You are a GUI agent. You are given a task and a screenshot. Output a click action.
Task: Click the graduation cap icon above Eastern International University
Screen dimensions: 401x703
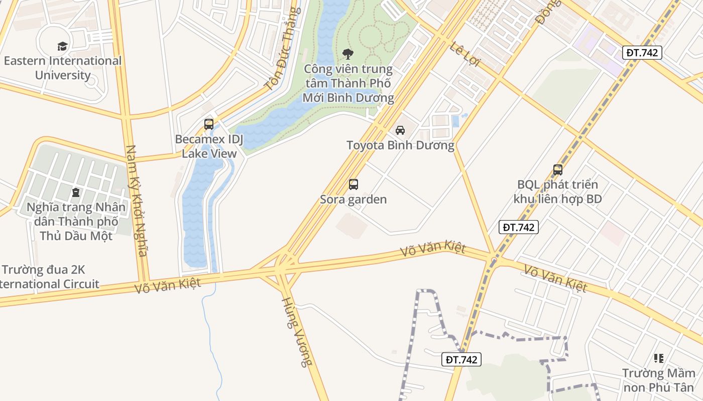tap(62, 46)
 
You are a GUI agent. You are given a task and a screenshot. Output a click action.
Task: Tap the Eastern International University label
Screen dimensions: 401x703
tap(63, 68)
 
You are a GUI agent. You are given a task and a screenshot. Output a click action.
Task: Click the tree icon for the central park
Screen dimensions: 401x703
tap(347, 54)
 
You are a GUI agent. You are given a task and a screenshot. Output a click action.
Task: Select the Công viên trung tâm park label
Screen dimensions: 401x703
tap(348, 83)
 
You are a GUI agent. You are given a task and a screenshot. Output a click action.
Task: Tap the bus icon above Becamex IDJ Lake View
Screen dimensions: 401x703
tap(209, 124)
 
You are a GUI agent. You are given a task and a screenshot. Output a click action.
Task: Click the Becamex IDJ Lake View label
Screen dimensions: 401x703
tap(209, 146)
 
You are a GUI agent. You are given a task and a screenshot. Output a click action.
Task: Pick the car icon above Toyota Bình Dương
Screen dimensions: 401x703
tap(400, 130)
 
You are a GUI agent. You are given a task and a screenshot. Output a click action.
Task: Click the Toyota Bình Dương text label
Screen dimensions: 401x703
tap(400, 145)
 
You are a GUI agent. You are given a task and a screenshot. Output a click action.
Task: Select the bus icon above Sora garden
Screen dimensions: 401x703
tap(354, 184)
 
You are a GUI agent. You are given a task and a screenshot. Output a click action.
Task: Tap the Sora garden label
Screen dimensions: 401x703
tap(354, 199)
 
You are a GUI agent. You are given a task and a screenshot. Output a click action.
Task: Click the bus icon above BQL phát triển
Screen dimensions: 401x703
tap(558, 169)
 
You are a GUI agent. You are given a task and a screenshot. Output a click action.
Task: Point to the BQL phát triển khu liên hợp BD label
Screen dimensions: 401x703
tap(557, 192)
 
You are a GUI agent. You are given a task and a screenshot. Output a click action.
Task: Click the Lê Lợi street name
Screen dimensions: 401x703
tap(465, 54)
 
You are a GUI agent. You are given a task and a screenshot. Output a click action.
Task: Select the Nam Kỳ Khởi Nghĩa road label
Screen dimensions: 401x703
tap(136, 200)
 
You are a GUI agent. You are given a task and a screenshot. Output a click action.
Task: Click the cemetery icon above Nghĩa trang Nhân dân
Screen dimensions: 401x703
tap(76, 192)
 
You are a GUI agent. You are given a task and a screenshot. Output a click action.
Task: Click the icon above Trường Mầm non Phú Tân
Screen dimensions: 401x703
tap(659, 358)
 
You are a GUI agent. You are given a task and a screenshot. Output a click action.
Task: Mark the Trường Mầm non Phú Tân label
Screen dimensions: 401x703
tap(659, 380)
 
